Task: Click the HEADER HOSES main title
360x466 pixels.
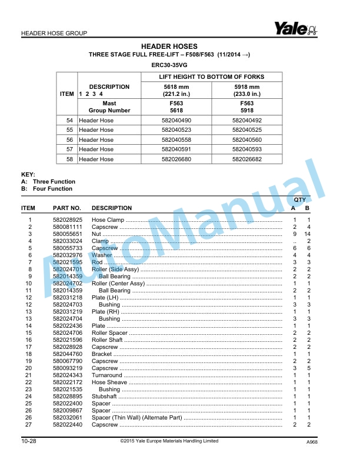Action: point(169,46)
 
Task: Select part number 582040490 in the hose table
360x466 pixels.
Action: point(181,120)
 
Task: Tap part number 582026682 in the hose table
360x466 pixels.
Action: point(246,159)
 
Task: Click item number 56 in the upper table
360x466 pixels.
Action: point(69,139)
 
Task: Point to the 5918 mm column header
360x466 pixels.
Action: point(246,86)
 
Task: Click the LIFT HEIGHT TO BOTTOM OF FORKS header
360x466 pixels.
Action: point(212,77)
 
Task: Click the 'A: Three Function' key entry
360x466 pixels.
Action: point(46,182)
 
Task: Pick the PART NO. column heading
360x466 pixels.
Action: point(66,208)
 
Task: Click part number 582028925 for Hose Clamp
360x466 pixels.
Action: point(66,219)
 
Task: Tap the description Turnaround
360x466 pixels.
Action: point(106,375)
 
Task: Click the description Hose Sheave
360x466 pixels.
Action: point(109,382)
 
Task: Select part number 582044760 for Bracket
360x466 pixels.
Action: point(66,354)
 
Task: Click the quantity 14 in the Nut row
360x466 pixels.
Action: point(308,234)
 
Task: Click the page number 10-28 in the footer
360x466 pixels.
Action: point(30,441)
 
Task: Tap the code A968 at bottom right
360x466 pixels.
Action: point(312,442)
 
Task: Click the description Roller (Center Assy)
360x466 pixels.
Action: point(118,283)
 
